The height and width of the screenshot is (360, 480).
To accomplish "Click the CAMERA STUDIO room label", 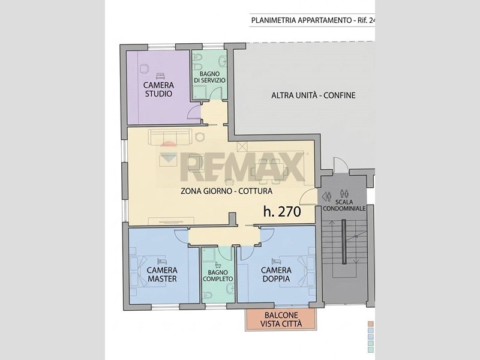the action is click(158, 89).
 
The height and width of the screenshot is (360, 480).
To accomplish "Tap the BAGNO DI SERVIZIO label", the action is click(209, 77).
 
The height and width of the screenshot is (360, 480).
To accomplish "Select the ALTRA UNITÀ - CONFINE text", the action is click(313, 95).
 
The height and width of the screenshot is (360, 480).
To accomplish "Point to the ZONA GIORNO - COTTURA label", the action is click(227, 191).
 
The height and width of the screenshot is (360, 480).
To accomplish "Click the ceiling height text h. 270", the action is click(282, 211).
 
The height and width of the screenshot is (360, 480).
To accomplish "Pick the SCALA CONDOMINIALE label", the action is click(344, 205).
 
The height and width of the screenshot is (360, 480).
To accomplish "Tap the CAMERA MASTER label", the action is click(162, 274).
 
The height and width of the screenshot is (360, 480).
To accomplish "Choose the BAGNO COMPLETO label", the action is click(218, 276).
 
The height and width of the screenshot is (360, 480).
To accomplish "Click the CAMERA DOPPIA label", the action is click(276, 274).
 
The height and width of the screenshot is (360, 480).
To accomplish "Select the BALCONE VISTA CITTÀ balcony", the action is click(281, 319).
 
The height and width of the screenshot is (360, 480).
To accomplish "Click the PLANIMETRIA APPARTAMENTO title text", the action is click(301, 20).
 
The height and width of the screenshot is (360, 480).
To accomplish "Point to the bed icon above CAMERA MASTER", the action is click(161, 261).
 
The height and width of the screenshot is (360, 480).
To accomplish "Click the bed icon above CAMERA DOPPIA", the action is click(276, 261).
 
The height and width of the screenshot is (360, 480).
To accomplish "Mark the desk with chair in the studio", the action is click(145, 68).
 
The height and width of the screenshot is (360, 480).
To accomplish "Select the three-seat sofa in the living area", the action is click(170, 137).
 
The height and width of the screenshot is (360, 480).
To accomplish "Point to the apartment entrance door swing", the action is click(307, 197).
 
